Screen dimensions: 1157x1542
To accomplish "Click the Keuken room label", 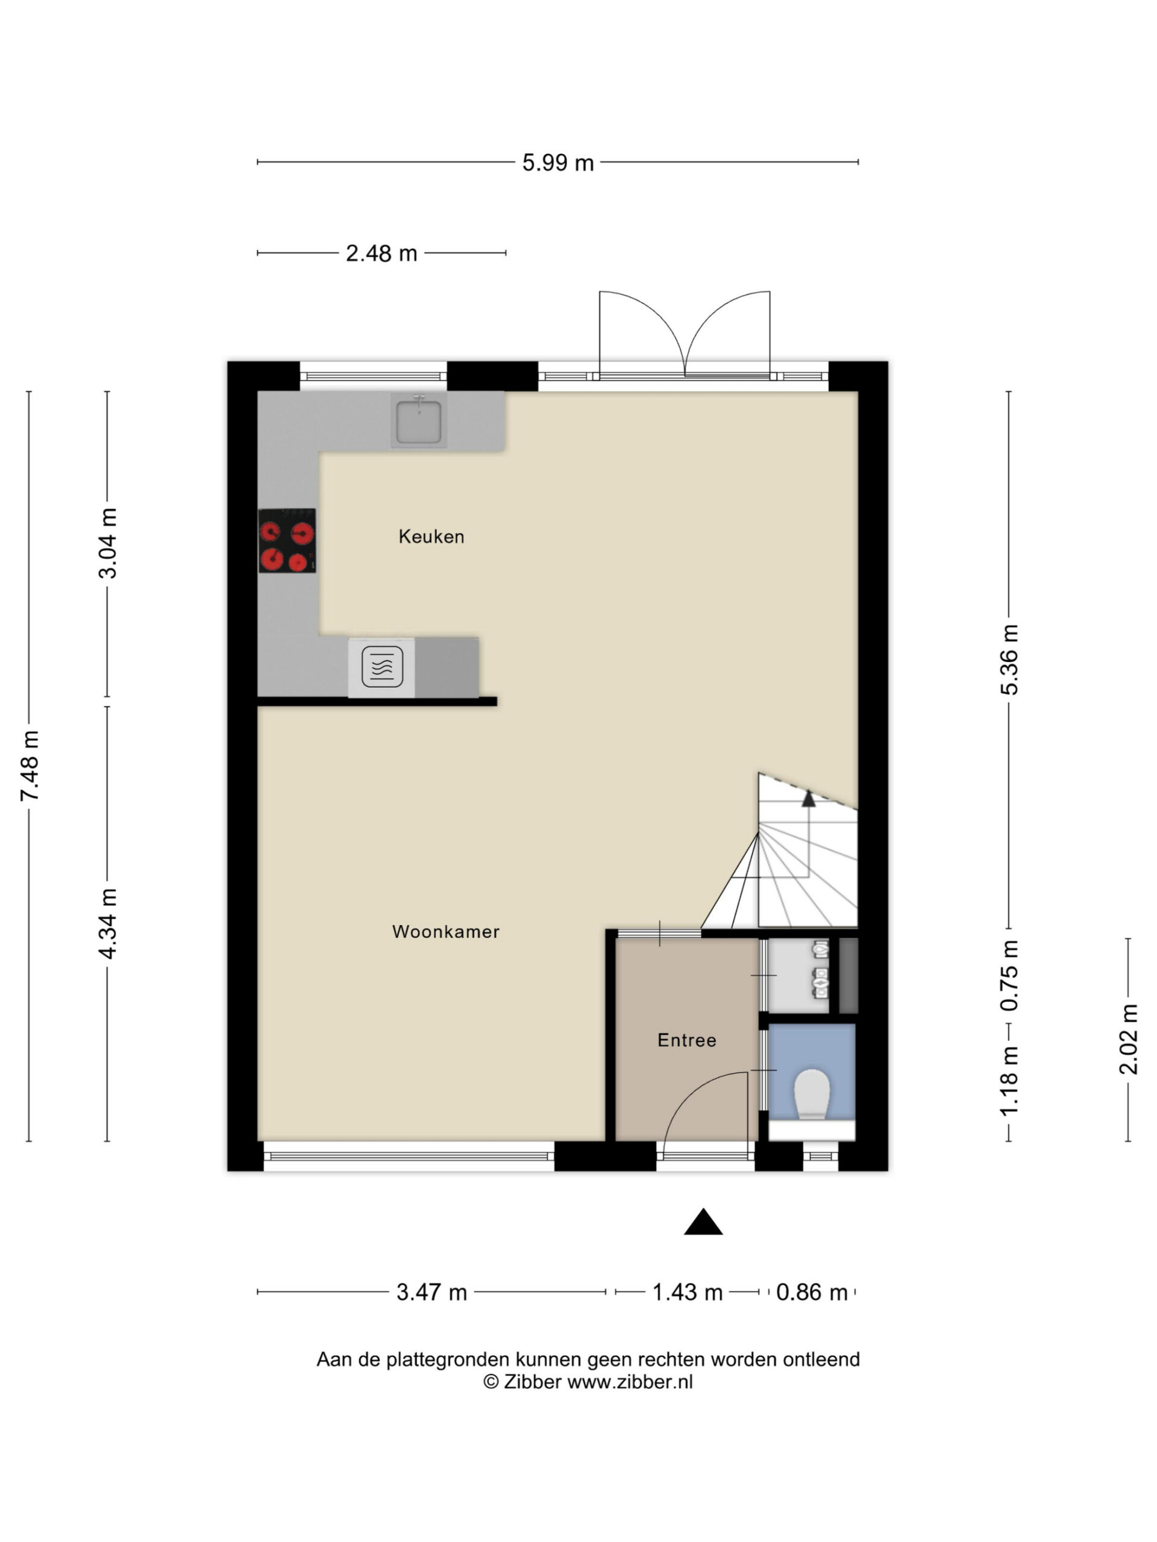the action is (x=431, y=536).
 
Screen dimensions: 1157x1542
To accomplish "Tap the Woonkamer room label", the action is (x=446, y=931).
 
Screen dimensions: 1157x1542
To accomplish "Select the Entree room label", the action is (x=686, y=1040).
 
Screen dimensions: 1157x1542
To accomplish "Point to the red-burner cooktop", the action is (x=287, y=541).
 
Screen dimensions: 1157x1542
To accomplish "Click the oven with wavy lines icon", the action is (x=381, y=667).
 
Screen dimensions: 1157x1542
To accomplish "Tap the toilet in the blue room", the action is (x=812, y=1094).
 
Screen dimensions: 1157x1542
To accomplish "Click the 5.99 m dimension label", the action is (x=558, y=163).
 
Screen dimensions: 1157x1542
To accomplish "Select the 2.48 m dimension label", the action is (x=381, y=253).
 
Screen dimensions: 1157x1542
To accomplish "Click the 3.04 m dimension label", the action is (x=107, y=544).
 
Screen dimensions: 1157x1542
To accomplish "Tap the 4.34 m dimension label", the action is (x=107, y=923).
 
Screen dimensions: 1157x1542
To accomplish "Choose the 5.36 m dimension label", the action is (x=1009, y=660).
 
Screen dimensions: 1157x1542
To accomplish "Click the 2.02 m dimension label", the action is (x=1129, y=1040).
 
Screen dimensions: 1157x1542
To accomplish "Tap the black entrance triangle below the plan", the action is (x=703, y=1222).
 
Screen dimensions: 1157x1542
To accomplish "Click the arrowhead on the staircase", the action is (x=808, y=799).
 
